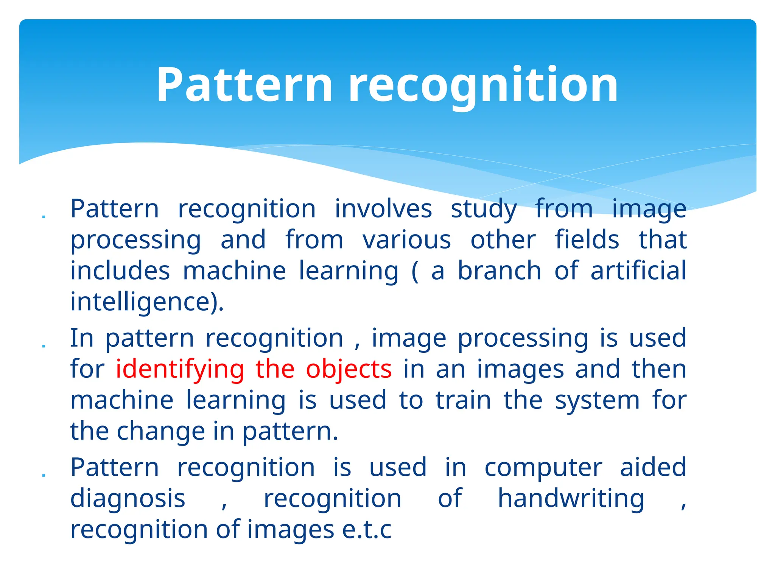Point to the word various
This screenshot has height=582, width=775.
(x=406, y=240)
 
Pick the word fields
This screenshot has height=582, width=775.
(x=587, y=240)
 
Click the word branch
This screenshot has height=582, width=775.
(x=500, y=271)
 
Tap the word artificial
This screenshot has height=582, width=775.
(x=638, y=271)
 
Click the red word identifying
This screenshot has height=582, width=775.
(x=180, y=369)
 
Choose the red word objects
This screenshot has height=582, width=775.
(x=349, y=369)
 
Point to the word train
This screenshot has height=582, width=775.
(x=463, y=401)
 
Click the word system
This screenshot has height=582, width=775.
(x=597, y=401)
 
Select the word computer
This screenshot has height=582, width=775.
(x=543, y=468)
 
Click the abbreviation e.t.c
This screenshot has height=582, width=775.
(x=367, y=530)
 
